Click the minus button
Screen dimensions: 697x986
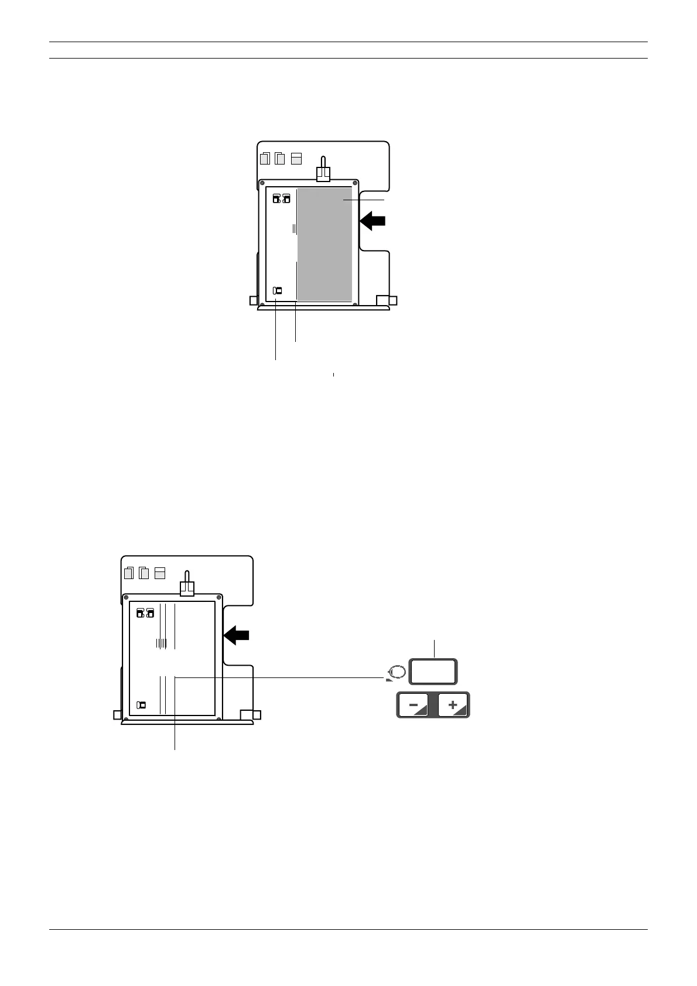click(x=413, y=706)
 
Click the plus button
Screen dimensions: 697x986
click(x=453, y=706)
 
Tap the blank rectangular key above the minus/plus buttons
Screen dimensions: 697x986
click(x=433, y=672)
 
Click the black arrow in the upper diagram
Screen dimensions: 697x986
click(x=373, y=221)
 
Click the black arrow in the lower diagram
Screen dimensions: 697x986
click(x=237, y=635)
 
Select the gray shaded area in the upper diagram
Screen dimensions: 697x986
click(x=324, y=243)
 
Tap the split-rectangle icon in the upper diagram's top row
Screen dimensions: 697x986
click(x=296, y=158)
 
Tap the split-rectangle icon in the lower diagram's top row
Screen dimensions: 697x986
click(x=160, y=573)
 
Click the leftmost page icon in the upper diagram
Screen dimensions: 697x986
click(x=265, y=158)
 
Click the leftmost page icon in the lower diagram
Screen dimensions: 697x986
click(x=129, y=573)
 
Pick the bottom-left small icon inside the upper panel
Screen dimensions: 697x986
click(x=278, y=290)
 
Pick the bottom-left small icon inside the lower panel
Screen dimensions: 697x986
click(x=141, y=705)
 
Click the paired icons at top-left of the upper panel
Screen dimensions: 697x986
click(x=281, y=199)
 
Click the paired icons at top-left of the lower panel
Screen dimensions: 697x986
click(x=145, y=613)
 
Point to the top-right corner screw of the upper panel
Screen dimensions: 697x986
click(x=355, y=183)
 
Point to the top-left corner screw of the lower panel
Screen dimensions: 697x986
click(x=126, y=597)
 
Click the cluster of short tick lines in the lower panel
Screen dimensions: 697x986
click(x=162, y=643)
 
